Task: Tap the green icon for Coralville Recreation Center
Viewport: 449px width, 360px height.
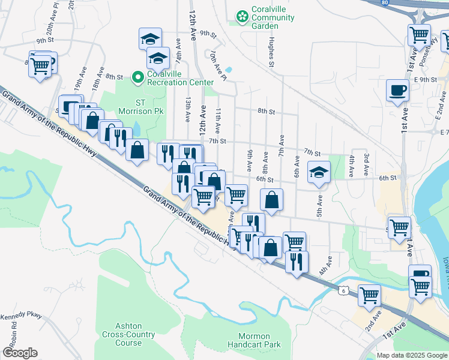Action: tap(137, 76)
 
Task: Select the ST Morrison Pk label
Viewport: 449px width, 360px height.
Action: tap(133, 107)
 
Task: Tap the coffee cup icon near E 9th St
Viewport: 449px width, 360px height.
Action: tap(397, 91)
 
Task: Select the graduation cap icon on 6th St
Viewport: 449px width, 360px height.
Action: tap(319, 172)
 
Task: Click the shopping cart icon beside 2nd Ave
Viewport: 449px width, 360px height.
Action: tap(369, 295)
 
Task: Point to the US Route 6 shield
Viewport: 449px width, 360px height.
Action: tap(341, 290)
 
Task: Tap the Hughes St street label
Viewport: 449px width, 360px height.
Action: tap(272, 51)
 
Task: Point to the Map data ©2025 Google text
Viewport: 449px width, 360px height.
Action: tap(411, 355)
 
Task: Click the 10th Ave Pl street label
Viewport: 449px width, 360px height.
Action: tap(217, 65)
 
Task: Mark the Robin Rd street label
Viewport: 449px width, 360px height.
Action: tap(12, 338)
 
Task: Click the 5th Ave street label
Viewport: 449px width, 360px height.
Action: tap(320, 205)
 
